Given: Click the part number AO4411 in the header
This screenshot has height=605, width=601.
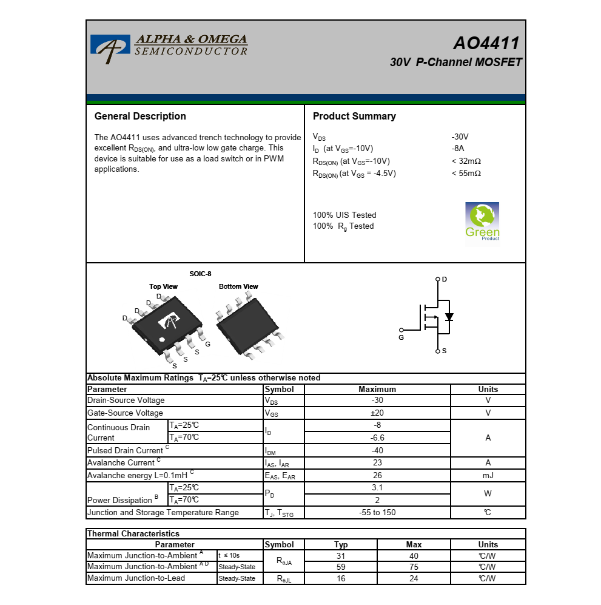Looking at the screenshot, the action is pos(486,43).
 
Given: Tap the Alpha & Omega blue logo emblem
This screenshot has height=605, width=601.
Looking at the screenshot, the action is pos(110,49).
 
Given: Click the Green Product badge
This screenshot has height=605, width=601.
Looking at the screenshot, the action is pos(482,223).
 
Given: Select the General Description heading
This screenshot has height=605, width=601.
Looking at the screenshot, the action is pos(140,116).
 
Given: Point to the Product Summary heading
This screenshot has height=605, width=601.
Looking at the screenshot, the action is pos(354,116).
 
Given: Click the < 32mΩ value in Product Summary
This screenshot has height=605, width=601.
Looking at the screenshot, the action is pos(466,161).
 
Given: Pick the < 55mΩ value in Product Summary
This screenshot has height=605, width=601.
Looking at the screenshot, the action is pos(466,173).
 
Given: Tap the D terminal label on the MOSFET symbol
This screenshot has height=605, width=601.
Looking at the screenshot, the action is pos(445,279).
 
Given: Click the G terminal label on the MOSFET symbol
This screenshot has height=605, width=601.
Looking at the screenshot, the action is pos(401,337).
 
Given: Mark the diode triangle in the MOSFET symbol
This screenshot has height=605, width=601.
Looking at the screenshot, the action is pos(449,317).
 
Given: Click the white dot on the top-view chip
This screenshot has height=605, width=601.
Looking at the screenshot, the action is pos(162,340).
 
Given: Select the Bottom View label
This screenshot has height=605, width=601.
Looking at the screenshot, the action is pos(238,286).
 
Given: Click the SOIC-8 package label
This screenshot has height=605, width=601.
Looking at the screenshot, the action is pos(200,274).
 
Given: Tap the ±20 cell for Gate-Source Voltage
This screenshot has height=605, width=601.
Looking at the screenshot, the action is pos(377,413).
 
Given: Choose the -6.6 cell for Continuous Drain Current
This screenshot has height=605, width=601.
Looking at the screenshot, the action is pos(377,438).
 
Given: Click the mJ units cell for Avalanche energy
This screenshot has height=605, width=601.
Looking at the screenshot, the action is pos(488,475).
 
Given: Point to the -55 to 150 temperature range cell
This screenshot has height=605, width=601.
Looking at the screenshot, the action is pos(377,512).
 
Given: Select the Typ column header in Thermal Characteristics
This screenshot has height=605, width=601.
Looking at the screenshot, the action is pos(341,545).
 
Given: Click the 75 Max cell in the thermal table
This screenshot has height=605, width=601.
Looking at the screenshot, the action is pos(414,567).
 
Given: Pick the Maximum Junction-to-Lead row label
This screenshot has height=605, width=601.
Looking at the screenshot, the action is pos(136,578).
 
